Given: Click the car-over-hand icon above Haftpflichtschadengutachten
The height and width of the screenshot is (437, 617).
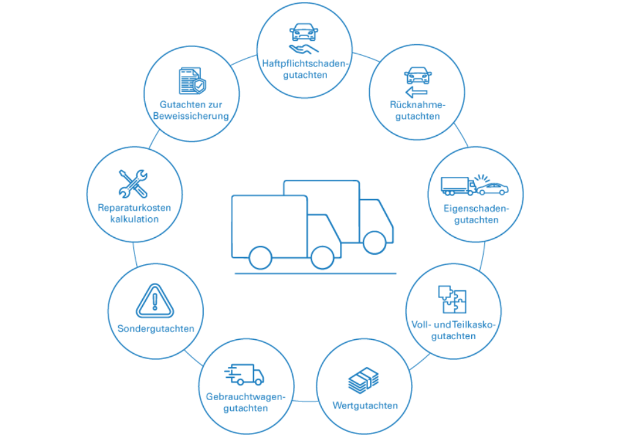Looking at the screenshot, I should pos(303,39).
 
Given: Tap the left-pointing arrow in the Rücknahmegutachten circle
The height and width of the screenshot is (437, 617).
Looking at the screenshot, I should pos(415,92).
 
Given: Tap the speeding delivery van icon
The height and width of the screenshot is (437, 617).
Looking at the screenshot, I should pos(244,374).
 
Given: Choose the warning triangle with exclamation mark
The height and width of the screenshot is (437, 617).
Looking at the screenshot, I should pos(155,301).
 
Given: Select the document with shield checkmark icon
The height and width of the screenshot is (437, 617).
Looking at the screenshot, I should pos(192,82).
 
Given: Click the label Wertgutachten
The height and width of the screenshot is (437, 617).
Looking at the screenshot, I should pos(365,405).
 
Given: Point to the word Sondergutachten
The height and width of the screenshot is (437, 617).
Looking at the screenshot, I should pos(155,329).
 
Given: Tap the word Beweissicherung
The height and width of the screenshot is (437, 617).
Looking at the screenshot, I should pos(191,116).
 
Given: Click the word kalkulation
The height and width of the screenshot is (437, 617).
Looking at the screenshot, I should pos(134,219).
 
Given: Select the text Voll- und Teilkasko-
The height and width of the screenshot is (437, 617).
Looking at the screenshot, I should pos(453,324).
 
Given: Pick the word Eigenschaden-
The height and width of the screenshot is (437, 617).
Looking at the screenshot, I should pos(476,208).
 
